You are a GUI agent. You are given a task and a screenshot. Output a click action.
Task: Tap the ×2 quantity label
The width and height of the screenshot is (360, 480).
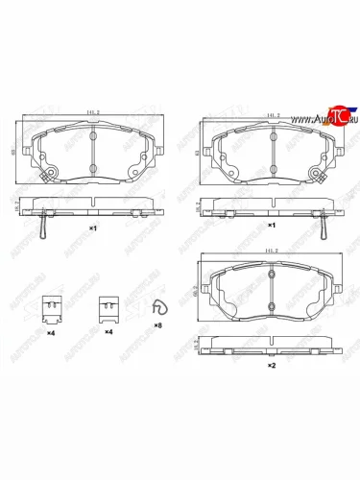(x=272, y=366)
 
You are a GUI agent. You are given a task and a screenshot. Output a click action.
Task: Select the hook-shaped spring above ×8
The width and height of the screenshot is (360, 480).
(x=159, y=307)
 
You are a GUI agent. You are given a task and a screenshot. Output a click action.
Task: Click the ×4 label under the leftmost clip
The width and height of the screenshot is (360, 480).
(x=52, y=332)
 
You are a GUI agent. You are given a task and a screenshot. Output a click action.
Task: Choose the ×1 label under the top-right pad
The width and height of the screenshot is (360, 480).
(x=272, y=225)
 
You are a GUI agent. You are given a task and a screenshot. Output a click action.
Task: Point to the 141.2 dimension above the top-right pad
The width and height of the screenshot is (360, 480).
(x=269, y=114)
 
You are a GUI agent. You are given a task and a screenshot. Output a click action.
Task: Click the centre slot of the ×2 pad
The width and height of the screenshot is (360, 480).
(x=271, y=288)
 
